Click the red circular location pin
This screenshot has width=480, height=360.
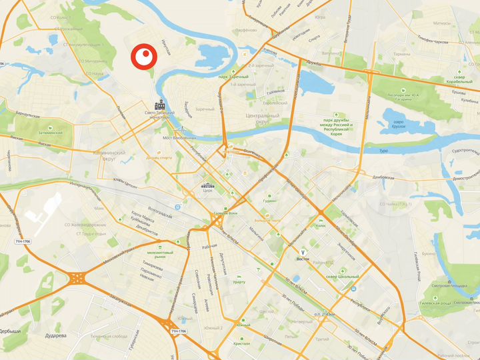[142, 58]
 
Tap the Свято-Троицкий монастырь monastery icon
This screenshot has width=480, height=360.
[159, 105]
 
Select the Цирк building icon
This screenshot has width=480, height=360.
[207, 185]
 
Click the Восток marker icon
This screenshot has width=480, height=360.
[303, 251]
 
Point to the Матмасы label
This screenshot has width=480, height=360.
[443, 23]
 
